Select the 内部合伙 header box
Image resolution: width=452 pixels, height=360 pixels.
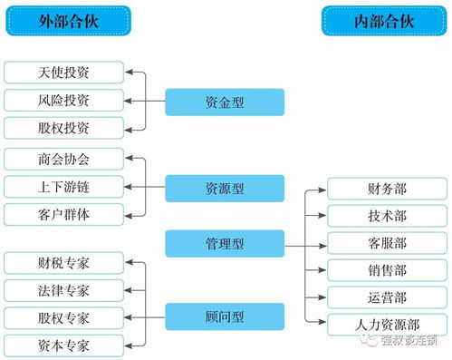coord(373,19)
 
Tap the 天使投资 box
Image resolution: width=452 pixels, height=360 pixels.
coord(64,71)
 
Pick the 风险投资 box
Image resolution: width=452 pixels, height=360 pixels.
coord(64,99)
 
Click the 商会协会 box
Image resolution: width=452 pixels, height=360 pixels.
coord(64,159)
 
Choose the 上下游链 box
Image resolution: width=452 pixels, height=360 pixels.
coord(64,187)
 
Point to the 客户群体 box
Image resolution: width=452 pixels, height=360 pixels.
coord(64,215)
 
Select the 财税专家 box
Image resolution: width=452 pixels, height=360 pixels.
coord(64,263)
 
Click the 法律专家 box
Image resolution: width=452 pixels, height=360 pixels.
coord(64,291)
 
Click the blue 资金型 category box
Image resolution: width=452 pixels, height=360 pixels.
coord(225,101)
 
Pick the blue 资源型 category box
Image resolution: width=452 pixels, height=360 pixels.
coord(225,188)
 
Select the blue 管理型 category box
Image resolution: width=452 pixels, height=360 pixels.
coord(225,243)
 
